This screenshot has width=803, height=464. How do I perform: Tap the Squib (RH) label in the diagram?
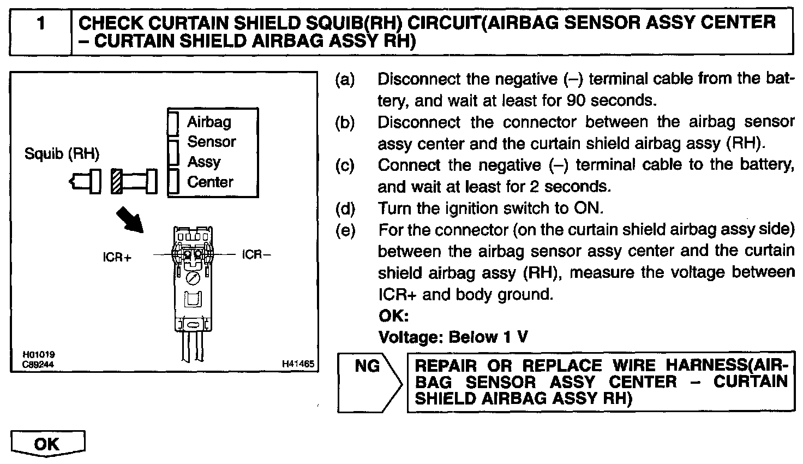coord(62,154)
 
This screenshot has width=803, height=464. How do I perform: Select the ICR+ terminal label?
coord(117,256)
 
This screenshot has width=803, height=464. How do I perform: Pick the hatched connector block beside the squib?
coord(117,181)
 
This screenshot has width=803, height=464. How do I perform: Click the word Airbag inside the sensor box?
coord(209,122)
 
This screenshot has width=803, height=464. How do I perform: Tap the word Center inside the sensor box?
coord(210,182)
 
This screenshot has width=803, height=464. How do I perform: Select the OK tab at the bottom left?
coord(47,443)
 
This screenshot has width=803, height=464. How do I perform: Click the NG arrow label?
coord(367,366)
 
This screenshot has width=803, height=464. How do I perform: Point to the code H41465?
coord(298,364)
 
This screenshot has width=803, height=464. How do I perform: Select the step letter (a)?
coord(345,80)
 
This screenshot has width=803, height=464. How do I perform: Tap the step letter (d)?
coord(345,209)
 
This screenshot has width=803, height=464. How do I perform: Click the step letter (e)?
coord(345,230)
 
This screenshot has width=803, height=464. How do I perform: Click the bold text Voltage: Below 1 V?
coord(453,337)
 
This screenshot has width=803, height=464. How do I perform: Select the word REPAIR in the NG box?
coord(446,366)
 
